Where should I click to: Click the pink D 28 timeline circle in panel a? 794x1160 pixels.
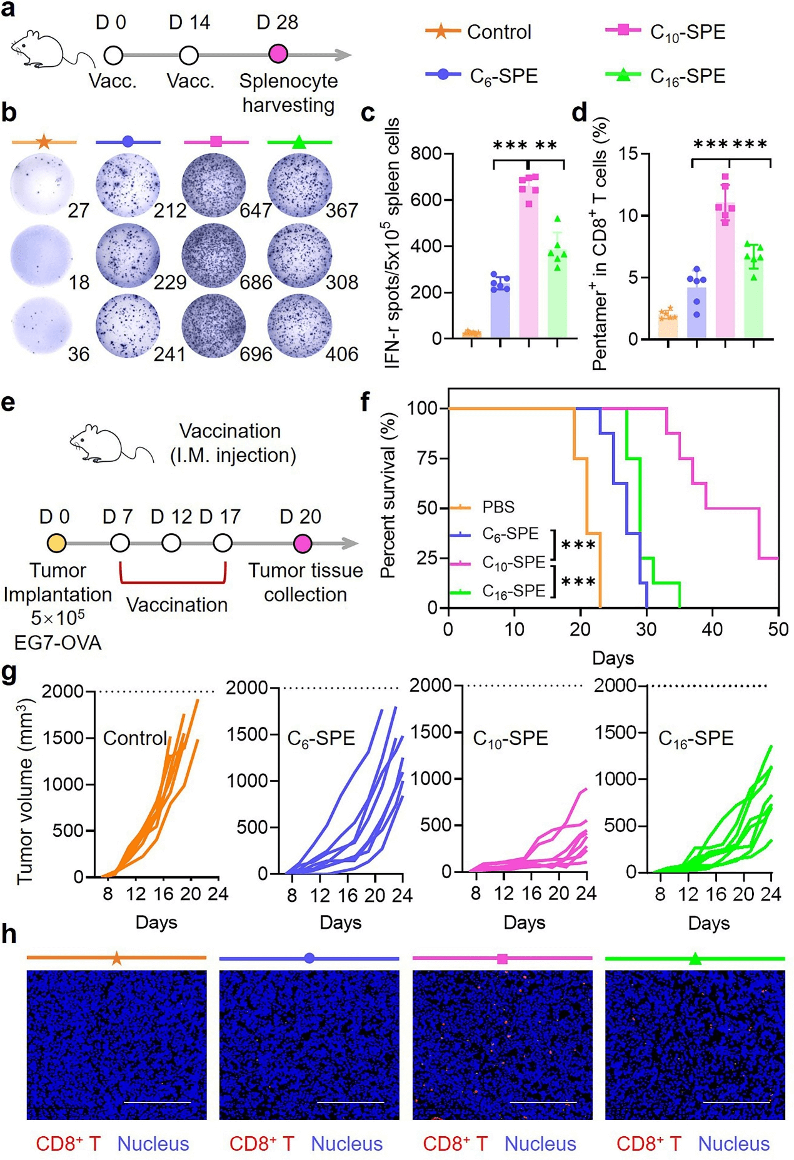tap(278, 54)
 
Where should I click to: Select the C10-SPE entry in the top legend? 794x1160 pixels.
tap(666, 31)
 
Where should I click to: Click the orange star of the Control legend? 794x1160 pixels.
tap(441, 31)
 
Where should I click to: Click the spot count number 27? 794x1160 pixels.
tap(78, 211)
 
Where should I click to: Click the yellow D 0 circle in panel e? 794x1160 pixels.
tap(57, 543)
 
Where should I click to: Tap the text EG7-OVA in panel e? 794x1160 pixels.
tap(58, 642)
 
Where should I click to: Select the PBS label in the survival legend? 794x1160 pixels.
tap(498, 507)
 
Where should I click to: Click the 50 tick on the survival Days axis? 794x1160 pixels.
tap(778, 629)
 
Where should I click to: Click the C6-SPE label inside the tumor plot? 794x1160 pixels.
tap(321, 738)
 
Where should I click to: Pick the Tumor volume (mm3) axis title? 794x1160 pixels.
tap(25, 792)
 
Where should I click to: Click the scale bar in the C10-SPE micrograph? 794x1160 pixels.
tap(543, 1102)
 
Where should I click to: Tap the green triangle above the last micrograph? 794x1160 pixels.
tap(695, 959)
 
